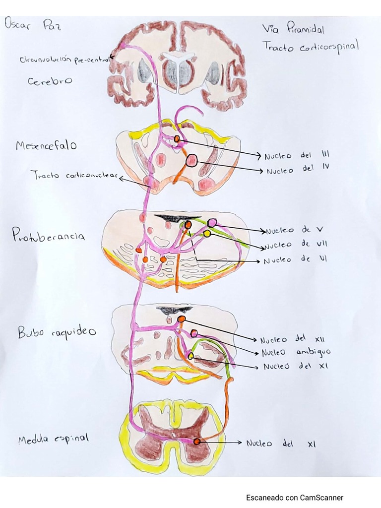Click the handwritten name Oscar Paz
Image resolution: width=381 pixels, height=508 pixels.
32,24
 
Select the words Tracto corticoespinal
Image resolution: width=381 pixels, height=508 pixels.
311,47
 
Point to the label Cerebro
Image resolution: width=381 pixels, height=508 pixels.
50,81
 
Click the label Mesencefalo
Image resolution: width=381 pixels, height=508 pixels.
46,146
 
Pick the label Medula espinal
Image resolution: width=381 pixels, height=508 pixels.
53,439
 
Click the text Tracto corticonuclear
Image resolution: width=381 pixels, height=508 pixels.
74,176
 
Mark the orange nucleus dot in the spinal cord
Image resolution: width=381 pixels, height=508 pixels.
197,441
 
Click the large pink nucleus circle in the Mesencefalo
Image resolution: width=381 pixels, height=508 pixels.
192,160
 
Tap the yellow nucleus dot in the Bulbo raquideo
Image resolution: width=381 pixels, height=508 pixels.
190,355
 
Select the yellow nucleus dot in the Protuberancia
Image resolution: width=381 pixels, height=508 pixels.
207,233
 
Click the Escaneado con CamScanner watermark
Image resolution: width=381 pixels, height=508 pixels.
294,497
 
